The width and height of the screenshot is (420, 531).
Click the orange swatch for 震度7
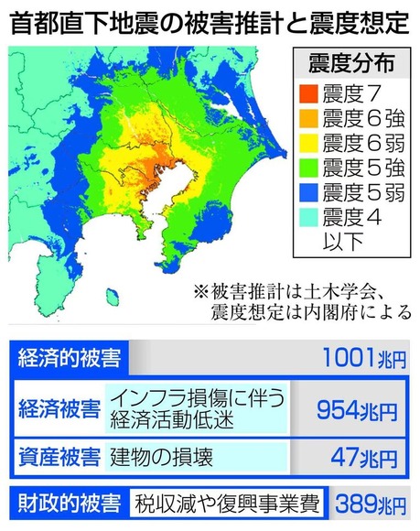(307, 94)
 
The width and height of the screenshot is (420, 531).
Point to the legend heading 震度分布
(349, 64)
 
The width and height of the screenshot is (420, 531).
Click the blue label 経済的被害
(65, 358)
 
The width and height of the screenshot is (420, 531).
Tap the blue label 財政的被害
(65, 503)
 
